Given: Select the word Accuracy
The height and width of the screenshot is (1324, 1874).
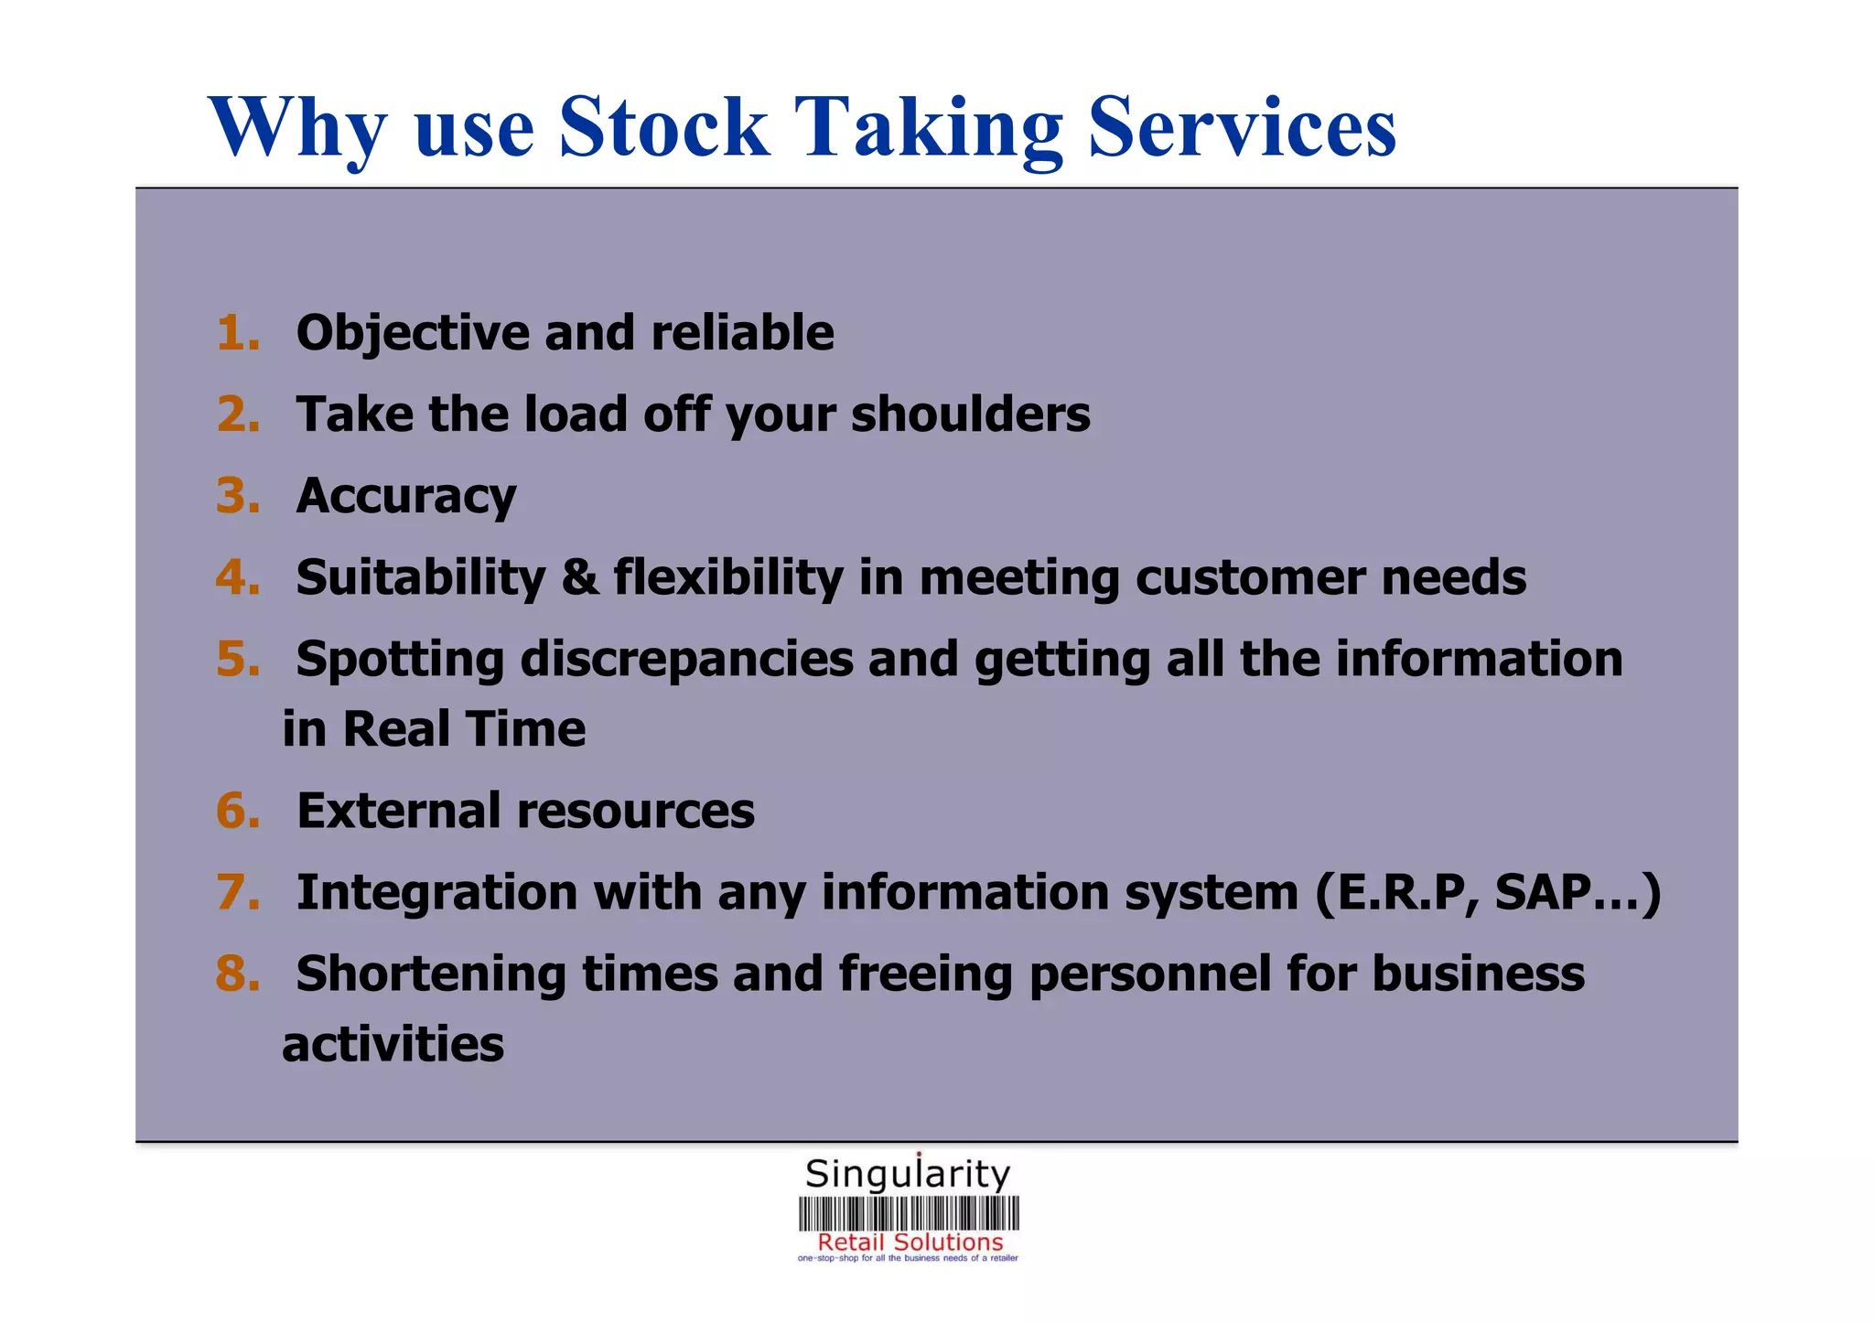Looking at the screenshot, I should pyautogui.click(x=406, y=496).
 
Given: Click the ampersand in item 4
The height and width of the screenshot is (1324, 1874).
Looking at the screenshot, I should pyautogui.click(x=579, y=578).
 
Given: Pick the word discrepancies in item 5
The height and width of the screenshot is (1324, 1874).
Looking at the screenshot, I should pyautogui.click(x=686, y=660).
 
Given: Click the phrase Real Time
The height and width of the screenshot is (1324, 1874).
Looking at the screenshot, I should pyautogui.click(x=464, y=730).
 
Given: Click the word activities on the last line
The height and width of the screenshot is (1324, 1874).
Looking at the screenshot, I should pyautogui.click(x=393, y=1045).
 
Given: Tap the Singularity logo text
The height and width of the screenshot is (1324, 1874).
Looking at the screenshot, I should pyautogui.click(x=907, y=1174).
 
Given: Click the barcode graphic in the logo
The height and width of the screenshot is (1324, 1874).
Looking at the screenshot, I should pyautogui.click(x=908, y=1214).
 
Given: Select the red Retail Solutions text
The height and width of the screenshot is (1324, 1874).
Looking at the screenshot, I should pyautogui.click(x=910, y=1243).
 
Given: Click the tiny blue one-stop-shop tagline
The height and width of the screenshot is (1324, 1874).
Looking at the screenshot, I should pyautogui.click(x=907, y=1259).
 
